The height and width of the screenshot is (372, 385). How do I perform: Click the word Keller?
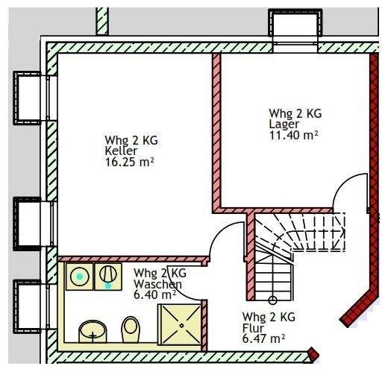click(x=121, y=151)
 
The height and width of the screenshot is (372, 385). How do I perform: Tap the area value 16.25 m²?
click(x=130, y=163)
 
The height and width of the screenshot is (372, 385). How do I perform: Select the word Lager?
click(x=284, y=124)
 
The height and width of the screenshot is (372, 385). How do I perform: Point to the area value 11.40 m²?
click(x=294, y=135)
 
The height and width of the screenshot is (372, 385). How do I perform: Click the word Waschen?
click(x=157, y=284)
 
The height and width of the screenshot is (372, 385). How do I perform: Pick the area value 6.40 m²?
click(x=155, y=294)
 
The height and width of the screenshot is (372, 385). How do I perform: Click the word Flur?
click(x=253, y=328)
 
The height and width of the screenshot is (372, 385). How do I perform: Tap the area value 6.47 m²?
click(x=263, y=339)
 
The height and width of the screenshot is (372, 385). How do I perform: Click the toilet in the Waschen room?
click(x=131, y=330)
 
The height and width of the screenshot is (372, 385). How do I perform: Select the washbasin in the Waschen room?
click(x=93, y=332)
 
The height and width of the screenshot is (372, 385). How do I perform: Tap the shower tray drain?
click(x=182, y=325)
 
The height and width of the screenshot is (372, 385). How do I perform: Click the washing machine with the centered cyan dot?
click(x=79, y=277)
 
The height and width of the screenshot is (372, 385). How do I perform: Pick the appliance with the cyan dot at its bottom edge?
click(x=108, y=277)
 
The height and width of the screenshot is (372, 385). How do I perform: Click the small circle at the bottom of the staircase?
click(x=273, y=300)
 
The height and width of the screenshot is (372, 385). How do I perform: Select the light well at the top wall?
click(x=295, y=23)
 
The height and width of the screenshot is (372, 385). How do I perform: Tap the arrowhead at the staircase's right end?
click(x=343, y=233)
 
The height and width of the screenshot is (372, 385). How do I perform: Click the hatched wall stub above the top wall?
click(x=102, y=21)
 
